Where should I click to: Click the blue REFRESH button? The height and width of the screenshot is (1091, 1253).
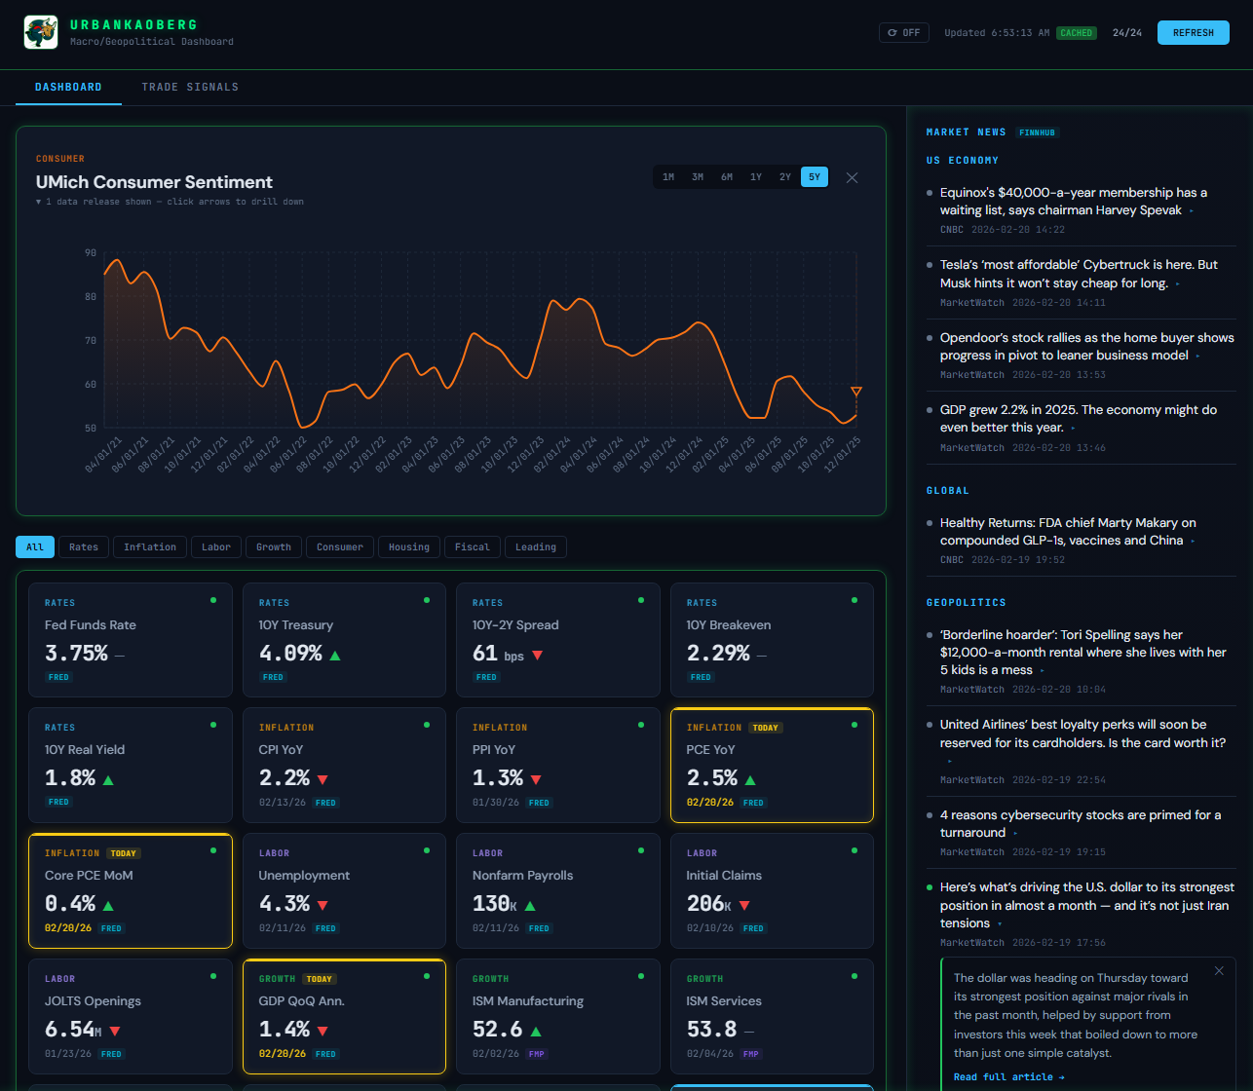point(1193,32)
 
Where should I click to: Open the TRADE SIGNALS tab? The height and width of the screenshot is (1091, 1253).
point(190,87)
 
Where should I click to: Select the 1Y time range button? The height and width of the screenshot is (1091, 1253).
point(756,177)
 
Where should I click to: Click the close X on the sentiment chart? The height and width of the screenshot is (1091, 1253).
point(852,177)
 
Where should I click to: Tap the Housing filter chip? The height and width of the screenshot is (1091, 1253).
point(408,546)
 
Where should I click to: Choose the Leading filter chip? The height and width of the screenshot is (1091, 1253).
point(535,546)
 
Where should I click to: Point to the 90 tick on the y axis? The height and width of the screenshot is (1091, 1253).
point(91,253)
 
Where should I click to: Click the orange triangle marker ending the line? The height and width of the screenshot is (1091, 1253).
point(856,391)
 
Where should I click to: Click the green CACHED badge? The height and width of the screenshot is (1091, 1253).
point(1076,33)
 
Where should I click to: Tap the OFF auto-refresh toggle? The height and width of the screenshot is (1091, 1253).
point(904,32)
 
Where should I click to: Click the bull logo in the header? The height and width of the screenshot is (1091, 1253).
point(41,32)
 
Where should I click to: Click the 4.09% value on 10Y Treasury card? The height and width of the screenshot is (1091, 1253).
point(290,654)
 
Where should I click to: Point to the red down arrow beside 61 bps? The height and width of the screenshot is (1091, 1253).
point(537,656)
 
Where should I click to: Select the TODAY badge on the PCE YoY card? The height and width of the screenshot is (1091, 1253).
point(765,728)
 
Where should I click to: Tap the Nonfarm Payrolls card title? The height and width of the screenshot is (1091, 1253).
point(522,876)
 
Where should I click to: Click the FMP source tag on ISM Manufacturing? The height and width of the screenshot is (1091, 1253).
point(537,1054)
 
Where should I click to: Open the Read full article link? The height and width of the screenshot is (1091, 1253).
point(1008,1077)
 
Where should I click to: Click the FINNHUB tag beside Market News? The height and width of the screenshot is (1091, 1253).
point(1037,132)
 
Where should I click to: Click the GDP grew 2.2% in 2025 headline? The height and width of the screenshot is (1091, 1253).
point(1079,419)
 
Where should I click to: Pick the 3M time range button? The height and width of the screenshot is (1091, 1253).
point(698,177)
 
